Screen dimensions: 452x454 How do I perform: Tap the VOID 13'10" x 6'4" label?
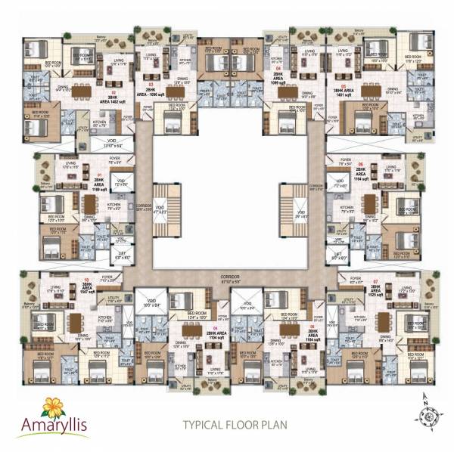click(117, 147)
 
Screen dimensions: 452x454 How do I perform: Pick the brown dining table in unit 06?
click(368, 206)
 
